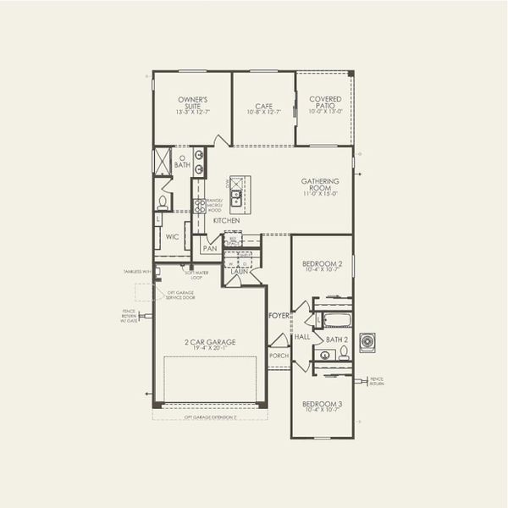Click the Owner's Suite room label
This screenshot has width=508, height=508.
point(192,105)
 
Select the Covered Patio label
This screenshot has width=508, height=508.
point(325,104)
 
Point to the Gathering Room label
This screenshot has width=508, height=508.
point(320,186)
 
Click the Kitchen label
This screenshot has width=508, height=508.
point(226,220)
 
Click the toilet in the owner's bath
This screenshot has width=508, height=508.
point(163,202)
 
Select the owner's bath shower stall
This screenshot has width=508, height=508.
point(162,162)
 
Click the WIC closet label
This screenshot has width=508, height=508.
point(172,237)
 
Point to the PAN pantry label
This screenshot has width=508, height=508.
point(209,248)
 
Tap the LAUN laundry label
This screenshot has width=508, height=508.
point(239,272)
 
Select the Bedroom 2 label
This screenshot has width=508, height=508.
point(322,268)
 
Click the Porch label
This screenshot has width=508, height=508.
point(278,356)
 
